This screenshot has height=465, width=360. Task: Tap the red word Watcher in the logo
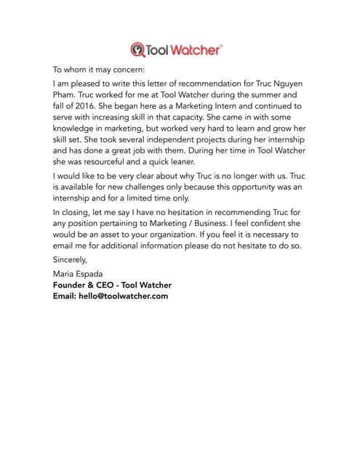(x=195, y=49)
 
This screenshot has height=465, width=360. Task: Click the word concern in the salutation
(x=130, y=70)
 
